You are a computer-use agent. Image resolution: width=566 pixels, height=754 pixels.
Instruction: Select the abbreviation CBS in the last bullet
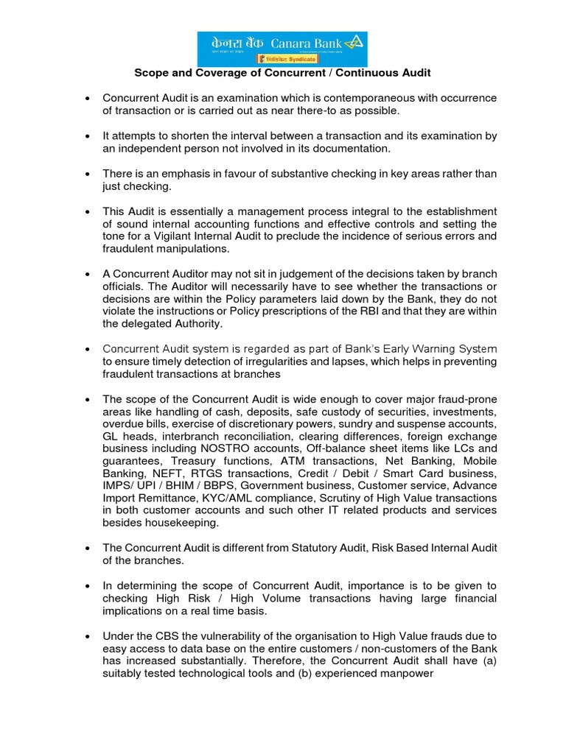click(172, 635)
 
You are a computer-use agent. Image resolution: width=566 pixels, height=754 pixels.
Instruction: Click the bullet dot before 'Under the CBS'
click(88, 636)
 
